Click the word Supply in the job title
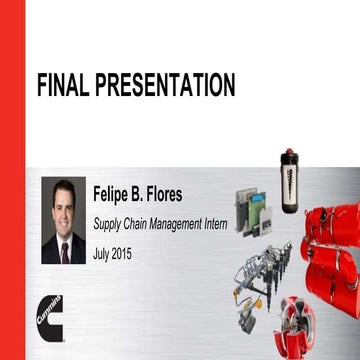point(109,224)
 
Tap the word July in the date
point(103,254)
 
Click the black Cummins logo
point(47,314)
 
